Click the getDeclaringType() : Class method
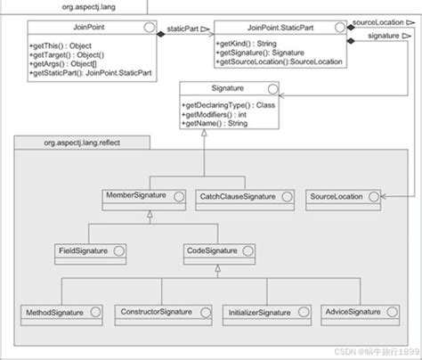coord(229,106)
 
